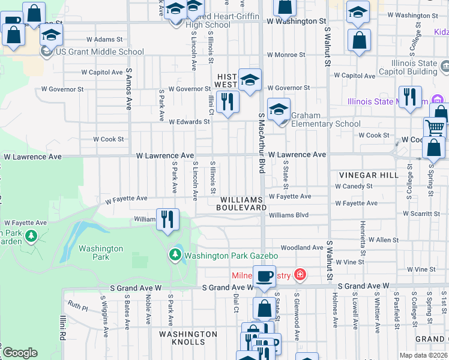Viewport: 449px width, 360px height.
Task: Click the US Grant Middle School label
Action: pos(100,52)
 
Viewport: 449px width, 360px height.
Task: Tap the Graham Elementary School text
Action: pos(325,120)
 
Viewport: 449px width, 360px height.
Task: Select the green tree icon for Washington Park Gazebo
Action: pos(175,254)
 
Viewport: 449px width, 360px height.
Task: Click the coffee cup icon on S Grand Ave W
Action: pos(264,277)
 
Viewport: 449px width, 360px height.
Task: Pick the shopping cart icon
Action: pos(435,128)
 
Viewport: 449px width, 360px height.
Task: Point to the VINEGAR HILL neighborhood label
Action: pos(368,175)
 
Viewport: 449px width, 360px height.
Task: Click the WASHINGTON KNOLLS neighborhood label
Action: pos(188,338)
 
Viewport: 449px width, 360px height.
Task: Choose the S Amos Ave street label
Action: pos(128,89)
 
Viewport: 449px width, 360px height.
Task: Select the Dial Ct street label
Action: pos(237,302)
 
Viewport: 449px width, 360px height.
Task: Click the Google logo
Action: pos(20,353)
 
